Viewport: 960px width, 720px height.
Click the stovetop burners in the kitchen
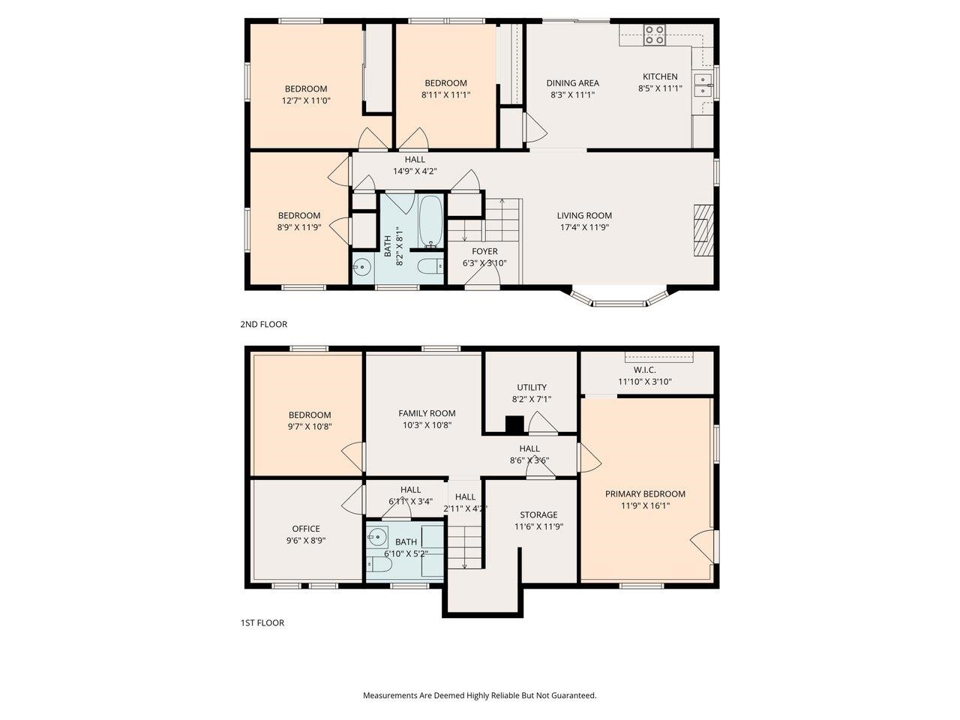655,35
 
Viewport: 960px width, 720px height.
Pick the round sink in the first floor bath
377,537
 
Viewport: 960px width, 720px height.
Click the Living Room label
584,215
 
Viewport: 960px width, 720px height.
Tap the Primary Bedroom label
645,493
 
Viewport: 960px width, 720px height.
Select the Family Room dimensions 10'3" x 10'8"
427,425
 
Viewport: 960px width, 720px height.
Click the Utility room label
531,387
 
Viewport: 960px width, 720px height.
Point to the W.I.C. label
644,370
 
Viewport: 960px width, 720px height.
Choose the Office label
305,528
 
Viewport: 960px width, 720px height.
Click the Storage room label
538,514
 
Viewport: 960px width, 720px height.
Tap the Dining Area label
572,83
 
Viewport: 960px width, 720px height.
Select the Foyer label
484,251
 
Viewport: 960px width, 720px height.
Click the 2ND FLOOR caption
263,325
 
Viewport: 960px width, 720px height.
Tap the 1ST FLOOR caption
262,622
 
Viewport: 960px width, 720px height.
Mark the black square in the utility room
514,425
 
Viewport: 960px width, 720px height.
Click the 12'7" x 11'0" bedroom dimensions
305,100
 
